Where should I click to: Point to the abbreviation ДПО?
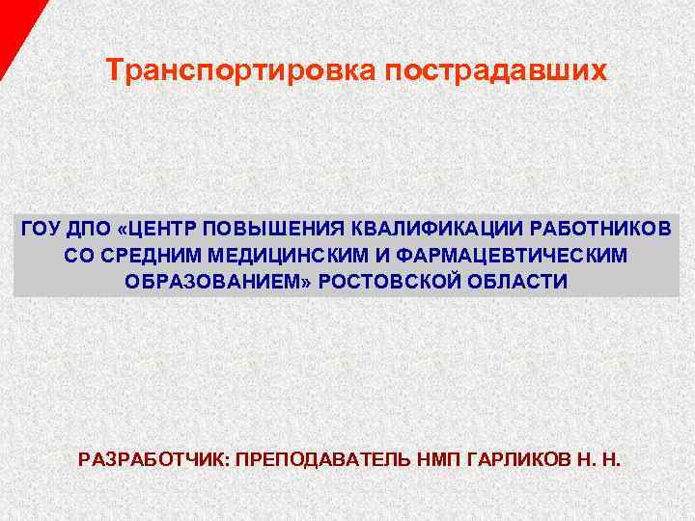[x=90, y=229]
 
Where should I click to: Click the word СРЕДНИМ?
[x=141, y=256]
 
